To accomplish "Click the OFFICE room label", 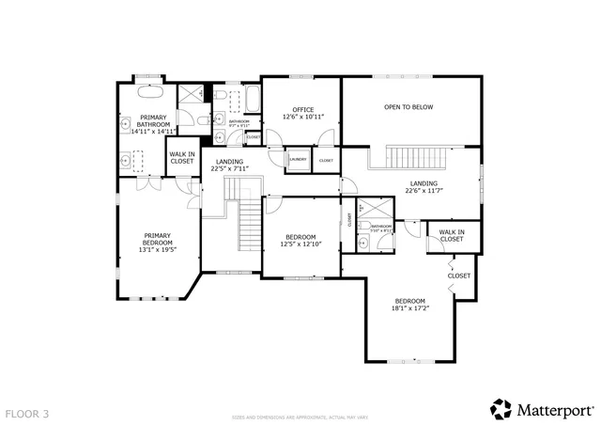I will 302,109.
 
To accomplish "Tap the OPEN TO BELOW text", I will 408,107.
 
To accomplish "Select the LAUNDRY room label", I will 298,160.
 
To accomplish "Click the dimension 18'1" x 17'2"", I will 408,308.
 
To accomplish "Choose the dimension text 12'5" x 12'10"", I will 300,244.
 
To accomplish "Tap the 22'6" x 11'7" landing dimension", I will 424,190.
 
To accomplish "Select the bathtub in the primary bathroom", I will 150,93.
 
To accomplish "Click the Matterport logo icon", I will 500,409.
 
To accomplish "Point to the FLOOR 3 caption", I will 26,413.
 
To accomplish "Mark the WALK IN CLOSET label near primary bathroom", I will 182,157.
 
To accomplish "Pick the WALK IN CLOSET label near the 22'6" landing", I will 452,235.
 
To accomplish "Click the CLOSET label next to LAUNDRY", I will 326,161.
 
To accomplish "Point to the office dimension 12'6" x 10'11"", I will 302,117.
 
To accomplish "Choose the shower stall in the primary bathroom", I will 193,94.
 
